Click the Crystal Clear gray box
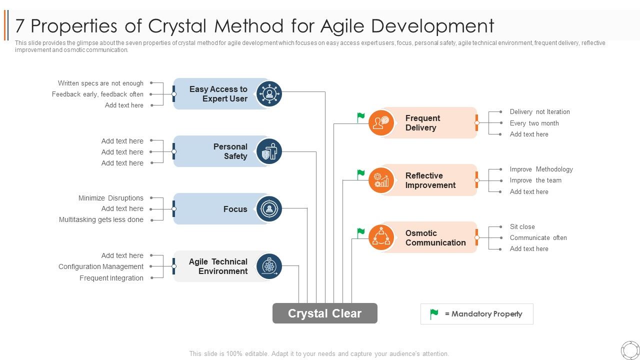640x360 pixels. pos(325,313)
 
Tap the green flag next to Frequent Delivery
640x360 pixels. pos(361,117)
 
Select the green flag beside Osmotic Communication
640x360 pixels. pos(361,232)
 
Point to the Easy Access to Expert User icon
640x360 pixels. pos(269,93)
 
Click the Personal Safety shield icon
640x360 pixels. pos(269,151)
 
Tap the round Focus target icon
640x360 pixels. pos(269,209)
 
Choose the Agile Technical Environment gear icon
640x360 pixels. pos(269,266)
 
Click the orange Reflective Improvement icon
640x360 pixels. pos(381,180)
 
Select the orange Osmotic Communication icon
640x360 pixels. pos(381,237)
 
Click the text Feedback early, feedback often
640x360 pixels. pos(97,94)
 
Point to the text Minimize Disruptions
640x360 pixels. pos(110,198)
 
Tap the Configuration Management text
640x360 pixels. pos(100,267)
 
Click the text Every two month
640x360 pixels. pos(534,123)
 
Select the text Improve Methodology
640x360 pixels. pos(541,169)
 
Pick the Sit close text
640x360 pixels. pos(522,227)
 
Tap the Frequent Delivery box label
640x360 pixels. pos(422,123)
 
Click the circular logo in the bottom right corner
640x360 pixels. pos(630,350)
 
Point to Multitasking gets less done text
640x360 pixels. pos(101,220)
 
